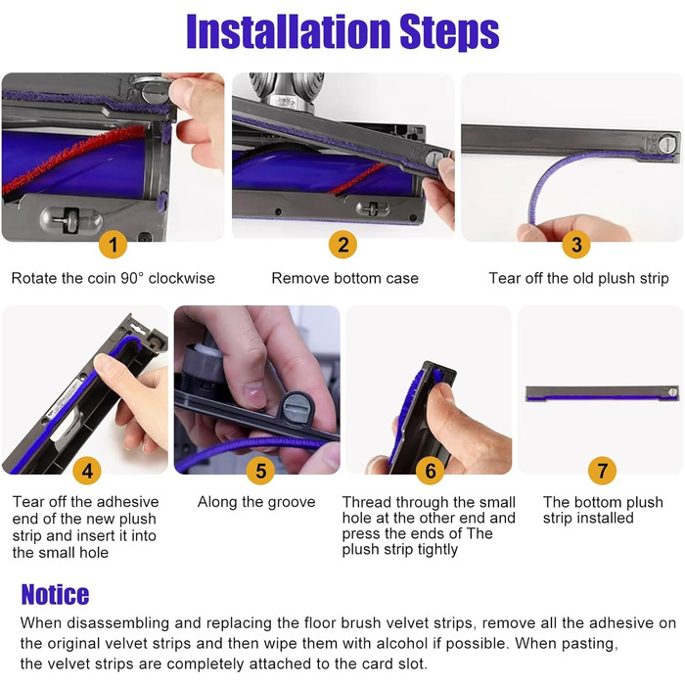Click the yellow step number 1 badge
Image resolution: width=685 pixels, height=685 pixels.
click(114, 245)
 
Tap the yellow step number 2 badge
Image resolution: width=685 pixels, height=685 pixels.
click(342, 245)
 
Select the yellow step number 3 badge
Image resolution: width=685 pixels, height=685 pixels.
click(576, 245)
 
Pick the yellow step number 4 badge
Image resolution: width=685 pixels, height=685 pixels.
click(87, 471)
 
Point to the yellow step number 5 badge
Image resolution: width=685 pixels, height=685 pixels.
click(260, 471)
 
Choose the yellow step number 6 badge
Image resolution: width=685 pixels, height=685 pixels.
click(431, 471)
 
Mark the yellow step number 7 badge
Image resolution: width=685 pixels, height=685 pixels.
click(603, 471)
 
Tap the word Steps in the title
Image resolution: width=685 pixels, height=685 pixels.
click(449, 33)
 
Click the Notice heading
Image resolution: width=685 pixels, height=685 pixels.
click(55, 595)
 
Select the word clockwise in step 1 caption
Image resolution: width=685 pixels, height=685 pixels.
click(182, 278)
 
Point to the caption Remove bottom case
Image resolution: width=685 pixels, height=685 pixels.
click(345, 278)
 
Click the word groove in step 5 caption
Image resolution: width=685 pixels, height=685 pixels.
click(292, 502)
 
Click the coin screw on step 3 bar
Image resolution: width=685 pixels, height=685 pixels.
click(667, 144)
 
